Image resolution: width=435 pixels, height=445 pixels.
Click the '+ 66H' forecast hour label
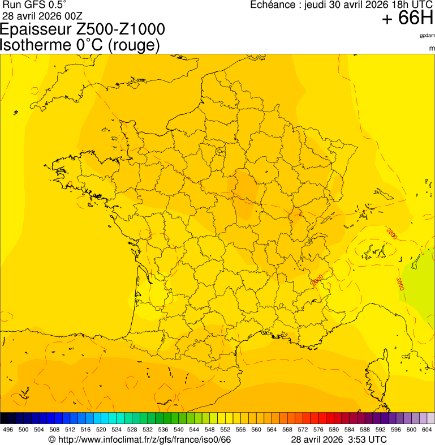pos(407,18)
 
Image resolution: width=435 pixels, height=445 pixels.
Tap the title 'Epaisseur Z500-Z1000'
pos(83,29)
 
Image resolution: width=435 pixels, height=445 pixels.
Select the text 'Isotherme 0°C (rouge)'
pos(80,45)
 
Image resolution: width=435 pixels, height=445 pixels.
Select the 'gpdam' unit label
pos(427,35)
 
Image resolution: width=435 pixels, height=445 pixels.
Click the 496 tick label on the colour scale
pos(8,429)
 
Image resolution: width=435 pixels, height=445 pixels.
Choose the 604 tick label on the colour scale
pos(427,429)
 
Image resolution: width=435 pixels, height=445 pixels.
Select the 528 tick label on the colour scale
pos(132,429)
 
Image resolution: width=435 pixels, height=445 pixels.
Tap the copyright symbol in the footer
pos(51,439)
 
